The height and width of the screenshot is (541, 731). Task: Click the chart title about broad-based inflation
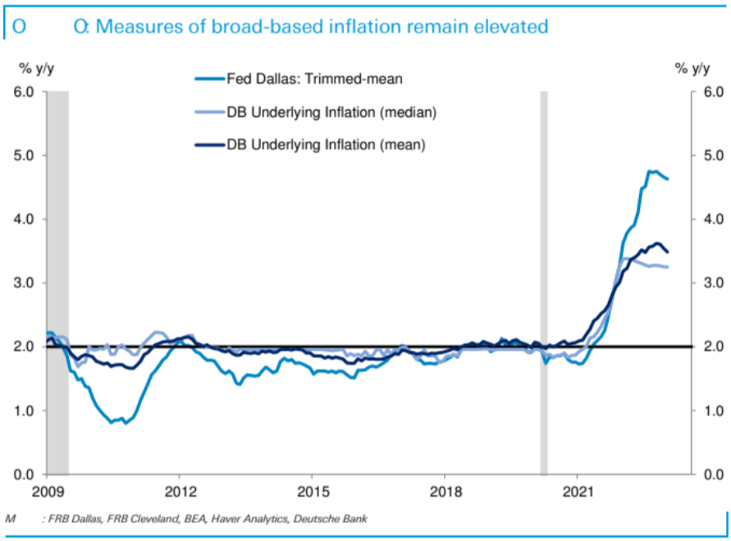[310, 26]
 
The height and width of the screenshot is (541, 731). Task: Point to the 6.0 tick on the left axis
[23, 91]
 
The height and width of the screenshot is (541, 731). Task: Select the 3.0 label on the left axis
[23, 282]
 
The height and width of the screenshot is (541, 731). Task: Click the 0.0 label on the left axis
[23, 475]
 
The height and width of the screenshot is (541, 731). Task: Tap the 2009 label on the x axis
[47, 492]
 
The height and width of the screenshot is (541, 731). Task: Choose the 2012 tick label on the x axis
[180, 492]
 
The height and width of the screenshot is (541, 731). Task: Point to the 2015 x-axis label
[313, 492]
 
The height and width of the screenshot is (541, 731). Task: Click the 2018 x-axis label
[445, 492]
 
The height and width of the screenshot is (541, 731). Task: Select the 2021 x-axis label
[577, 492]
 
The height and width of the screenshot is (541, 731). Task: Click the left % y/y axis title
[36, 69]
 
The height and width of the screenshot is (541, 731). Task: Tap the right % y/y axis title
[692, 69]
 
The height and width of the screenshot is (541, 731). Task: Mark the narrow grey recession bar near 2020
[544, 282]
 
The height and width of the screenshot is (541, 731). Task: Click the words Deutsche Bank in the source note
[330, 518]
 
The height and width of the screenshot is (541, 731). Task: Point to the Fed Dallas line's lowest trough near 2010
[125, 423]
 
